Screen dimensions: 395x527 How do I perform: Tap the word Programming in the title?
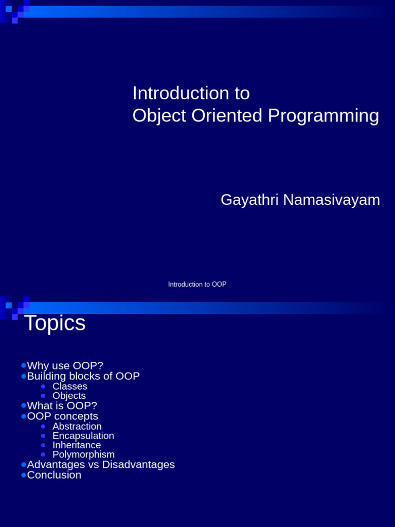(x=324, y=116)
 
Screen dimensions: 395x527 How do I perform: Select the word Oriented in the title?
(x=227, y=116)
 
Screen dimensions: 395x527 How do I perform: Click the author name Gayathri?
(x=249, y=200)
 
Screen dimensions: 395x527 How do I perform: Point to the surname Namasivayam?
(x=332, y=200)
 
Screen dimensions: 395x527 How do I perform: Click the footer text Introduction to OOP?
(x=197, y=284)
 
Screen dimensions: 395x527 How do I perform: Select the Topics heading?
(x=55, y=323)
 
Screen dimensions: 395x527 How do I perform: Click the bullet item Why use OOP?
(x=65, y=366)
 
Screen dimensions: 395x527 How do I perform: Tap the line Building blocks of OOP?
(x=83, y=376)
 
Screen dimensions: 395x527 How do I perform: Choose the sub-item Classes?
(x=70, y=387)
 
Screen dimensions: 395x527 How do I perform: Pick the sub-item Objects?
(x=69, y=396)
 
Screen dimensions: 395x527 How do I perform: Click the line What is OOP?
(x=62, y=406)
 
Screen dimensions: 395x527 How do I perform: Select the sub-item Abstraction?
(x=77, y=427)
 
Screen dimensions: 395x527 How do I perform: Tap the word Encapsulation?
(x=83, y=436)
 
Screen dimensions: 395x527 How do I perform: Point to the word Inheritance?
(x=77, y=445)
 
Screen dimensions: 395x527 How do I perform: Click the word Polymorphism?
(x=84, y=454)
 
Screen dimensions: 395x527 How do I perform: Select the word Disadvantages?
(x=138, y=465)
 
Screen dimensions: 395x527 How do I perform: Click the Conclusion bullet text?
(x=54, y=475)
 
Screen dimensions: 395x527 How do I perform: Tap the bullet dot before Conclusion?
(x=24, y=475)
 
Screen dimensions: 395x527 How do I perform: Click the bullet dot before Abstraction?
(x=43, y=427)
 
